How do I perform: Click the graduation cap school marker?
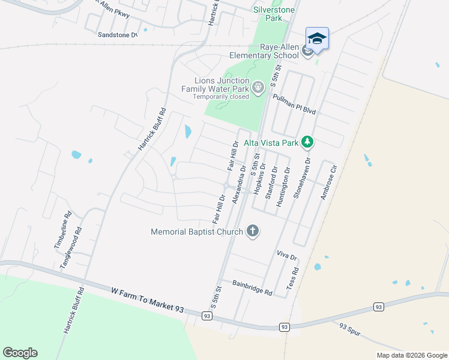point(317,39)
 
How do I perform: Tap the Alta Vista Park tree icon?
point(307,142)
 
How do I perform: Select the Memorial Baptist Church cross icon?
point(253,231)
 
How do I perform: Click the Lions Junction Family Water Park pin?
point(258,88)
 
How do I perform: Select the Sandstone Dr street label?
point(118,35)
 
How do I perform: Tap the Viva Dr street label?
point(287,255)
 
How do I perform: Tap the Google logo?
point(20,353)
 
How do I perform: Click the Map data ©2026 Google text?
point(411,355)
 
